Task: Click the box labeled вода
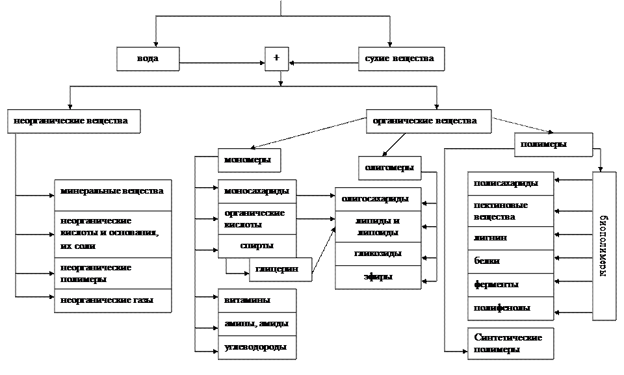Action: pyautogui.click(x=148, y=58)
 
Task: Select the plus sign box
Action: pyautogui.click(x=276, y=58)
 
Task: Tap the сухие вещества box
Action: pyautogui.click(x=401, y=58)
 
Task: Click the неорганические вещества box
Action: pyautogui.click(x=73, y=121)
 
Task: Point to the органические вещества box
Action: pyautogui.click(x=428, y=121)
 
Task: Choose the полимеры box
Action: pyautogui.click(x=553, y=144)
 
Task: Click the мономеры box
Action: pyautogui.click(x=249, y=160)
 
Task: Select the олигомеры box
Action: pyautogui.click(x=389, y=168)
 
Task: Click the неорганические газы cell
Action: pyautogui.click(x=112, y=300)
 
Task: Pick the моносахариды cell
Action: pyautogui.click(x=257, y=192)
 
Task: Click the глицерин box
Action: pyautogui.click(x=280, y=269)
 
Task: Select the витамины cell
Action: pyautogui.click(x=257, y=300)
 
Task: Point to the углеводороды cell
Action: pyautogui.click(x=257, y=347)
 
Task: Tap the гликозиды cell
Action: pyautogui.click(x=378, y=253)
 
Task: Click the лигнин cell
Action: pyautogui.click(x=510, y=238)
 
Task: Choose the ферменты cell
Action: pyautogui.click(x=510, y=285)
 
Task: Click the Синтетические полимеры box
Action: pyautogui.click(x=510, y=343)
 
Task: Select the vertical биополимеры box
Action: pyautogui.click(x=604, y=246)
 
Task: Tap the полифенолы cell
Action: pyautogui.click(x=510, y=308)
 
